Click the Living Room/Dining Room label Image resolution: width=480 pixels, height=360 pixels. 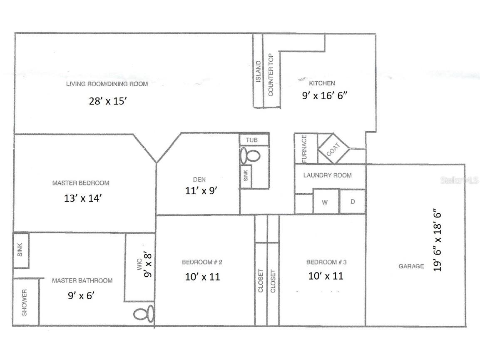[x=107, y=84]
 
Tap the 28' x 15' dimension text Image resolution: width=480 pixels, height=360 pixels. [x=108, y=101]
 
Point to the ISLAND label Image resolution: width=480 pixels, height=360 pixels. [x=258, y=71]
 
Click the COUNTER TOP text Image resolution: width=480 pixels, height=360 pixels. [x=271, y=75]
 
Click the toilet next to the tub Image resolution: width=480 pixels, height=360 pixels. [x=250, y=156]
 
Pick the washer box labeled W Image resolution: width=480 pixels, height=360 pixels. [x=326, y=202]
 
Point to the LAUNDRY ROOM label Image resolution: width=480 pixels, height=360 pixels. [x=327, y=175]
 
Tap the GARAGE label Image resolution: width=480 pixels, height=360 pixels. [x=411, y=266]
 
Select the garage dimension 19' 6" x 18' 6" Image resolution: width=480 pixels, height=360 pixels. [x=437, y=242]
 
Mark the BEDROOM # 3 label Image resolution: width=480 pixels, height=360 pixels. [x=326, y=262]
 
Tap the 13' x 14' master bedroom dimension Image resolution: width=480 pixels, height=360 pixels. [x=81, y=198]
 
